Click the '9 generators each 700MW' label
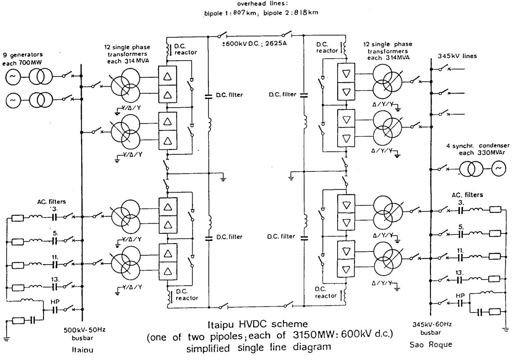22,58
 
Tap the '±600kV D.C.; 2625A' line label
254,44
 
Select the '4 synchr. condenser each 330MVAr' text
477,149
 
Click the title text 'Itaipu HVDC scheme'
258,324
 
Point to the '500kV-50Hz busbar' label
85,333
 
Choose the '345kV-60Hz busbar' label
432,328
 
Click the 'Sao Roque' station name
431,345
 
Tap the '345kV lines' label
457,56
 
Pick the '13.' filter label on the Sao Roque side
459,273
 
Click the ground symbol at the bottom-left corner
6,338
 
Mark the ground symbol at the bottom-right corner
505,329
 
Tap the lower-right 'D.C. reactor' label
326,292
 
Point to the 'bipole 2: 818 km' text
291,13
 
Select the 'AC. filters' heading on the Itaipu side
51,201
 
